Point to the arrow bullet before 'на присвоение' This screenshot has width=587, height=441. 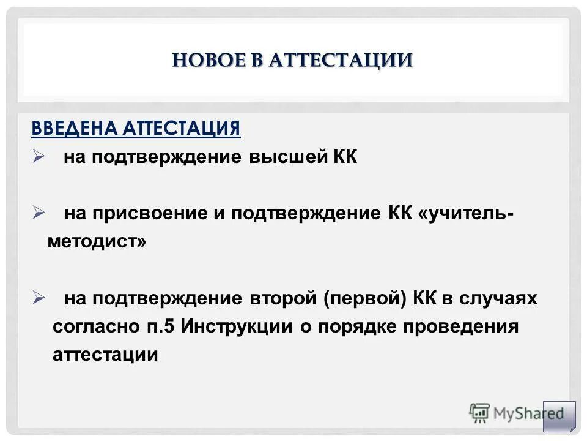pyautogui.click(x=39, y=213)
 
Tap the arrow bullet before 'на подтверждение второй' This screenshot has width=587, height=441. pyautogui.click(x=39, y=298)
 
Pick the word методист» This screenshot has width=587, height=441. pyautogui.click(x=97, y=241)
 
